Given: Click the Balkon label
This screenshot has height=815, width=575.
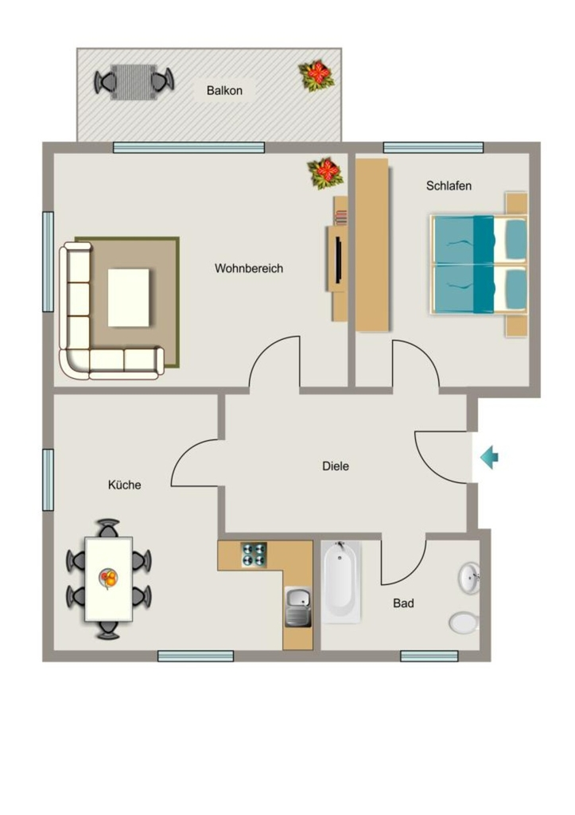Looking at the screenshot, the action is click(x=224, y=91).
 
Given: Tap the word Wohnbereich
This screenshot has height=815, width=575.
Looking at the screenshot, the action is click(x=249, y=268).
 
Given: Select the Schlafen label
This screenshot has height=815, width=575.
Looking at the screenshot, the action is click(x=449, y=185).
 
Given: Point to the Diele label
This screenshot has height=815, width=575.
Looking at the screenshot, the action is click(x=336, y=466).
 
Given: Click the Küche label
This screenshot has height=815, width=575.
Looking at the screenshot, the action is click(x=124, y=485).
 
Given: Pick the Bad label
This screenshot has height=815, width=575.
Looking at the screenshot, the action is click(x=403, y=603).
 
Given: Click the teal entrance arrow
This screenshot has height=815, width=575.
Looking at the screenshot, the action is click(x=489, y=458).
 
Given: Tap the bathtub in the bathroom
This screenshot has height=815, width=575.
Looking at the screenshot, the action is click(x=341, y=582).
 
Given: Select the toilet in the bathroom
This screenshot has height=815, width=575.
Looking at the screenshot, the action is click(x=464, y=622).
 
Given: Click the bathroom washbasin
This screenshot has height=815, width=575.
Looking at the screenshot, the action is click(x=468, y=577).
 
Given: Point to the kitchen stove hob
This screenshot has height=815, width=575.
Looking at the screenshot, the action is click(x=254, y=555).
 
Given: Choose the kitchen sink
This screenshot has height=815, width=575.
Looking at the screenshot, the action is click(x=298, y=607).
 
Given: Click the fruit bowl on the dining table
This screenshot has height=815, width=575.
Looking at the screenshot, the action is click(x=109, y=578).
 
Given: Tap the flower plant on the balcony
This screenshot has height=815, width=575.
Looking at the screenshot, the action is click(x=316, y=76).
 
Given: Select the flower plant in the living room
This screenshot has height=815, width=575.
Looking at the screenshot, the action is click(x=325, y=173).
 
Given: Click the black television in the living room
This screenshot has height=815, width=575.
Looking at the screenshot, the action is click(x=338, y=260).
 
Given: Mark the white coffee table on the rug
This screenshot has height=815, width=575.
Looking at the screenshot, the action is click(x=128, y=298).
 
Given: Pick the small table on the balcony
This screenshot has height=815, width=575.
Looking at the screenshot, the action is click(x=134, y=82).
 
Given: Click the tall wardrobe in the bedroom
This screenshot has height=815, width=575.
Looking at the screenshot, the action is click(x=372, y=245).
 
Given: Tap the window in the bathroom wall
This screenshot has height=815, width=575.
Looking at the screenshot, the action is click(x=429, y=656).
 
